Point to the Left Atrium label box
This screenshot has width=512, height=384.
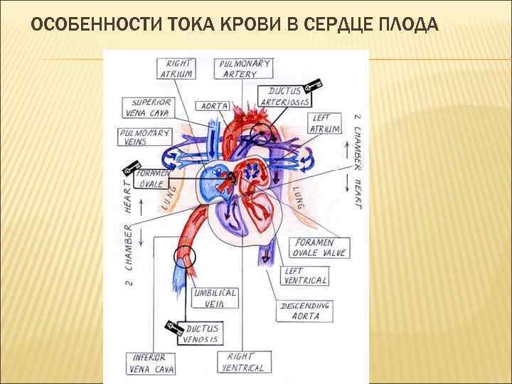click(x=324, y=122)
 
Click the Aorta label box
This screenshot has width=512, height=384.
click(x=213, y=106)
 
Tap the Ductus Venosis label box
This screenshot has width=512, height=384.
click(x=202, y=334)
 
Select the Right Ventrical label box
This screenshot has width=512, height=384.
click(x=242, y=363)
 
